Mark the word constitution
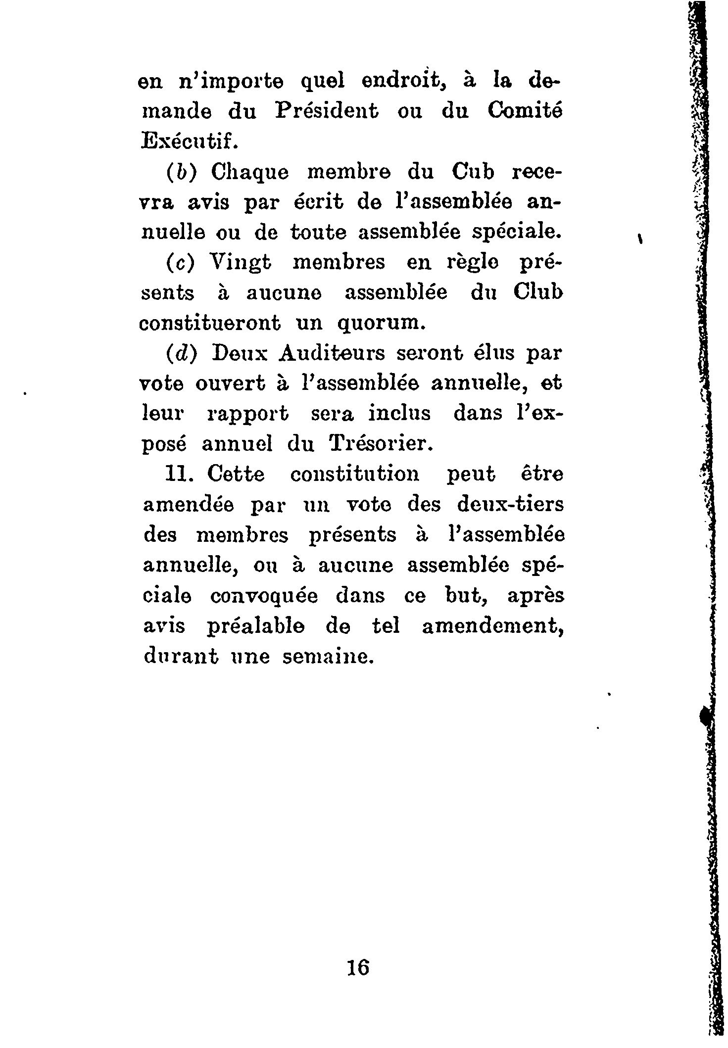[354, 474]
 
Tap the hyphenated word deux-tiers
[510, 505]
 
